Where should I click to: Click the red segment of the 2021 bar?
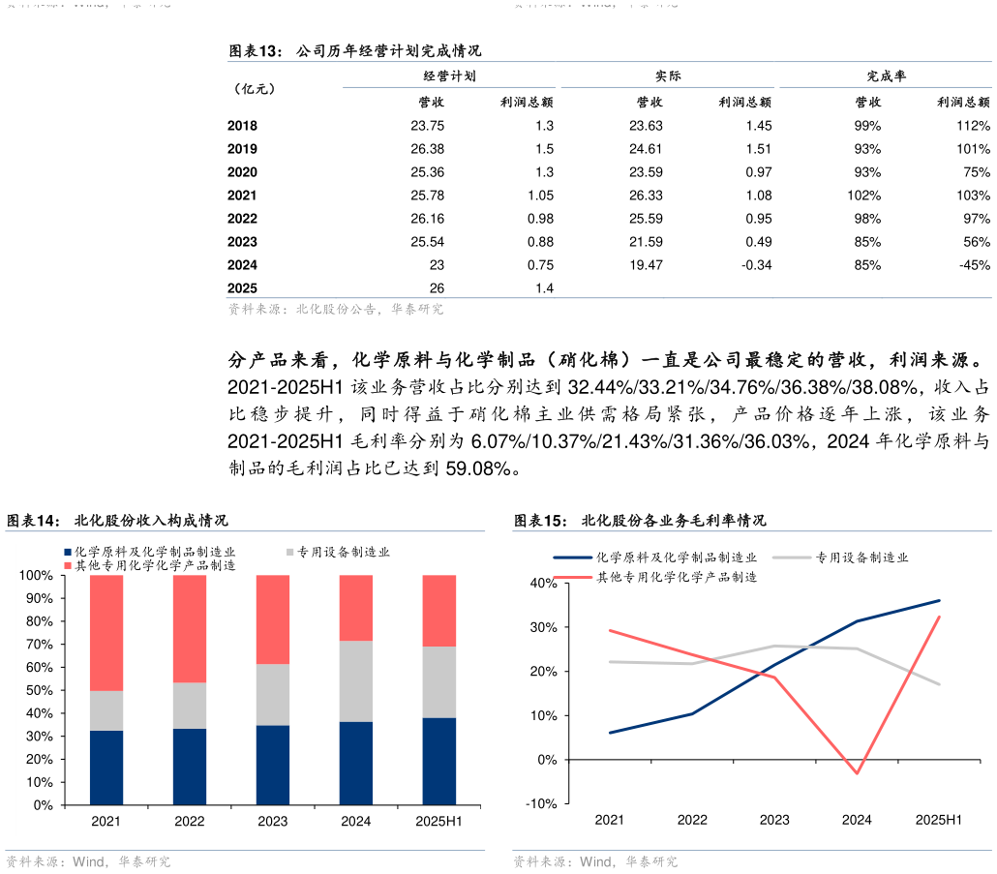106,632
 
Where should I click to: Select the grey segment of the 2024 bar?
356,681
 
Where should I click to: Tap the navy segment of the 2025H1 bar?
439,761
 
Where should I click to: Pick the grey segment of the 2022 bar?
190,706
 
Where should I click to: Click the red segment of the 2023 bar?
273,619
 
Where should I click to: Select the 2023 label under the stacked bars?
273,822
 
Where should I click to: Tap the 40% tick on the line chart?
542,584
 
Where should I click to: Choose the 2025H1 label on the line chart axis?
939,820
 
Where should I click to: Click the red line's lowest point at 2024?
857,773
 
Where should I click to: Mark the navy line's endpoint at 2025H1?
939,600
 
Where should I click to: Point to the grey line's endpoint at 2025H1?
939,684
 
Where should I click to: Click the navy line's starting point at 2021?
610,733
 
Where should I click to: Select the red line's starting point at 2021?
610,630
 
